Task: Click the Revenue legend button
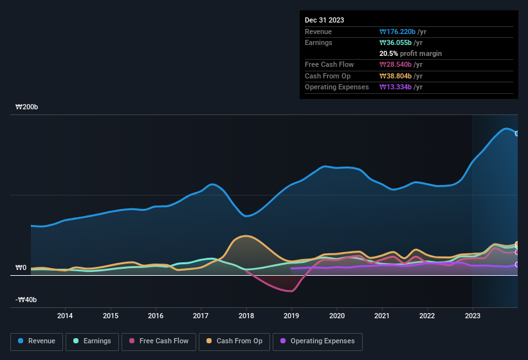coord(37,341)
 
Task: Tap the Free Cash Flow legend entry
coord(159,341)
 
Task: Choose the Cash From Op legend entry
coord(233,341)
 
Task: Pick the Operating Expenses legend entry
coord(318,341)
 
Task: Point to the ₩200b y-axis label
coord(27,107)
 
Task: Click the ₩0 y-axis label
coord(21,267)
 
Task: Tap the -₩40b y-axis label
coord(26,300)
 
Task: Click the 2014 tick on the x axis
coord(64,316)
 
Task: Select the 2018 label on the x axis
coord(246,316)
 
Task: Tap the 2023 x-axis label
coord(472,316)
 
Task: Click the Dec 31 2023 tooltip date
coord(324,20)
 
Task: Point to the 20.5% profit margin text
coord(410,53)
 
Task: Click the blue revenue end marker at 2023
coord(516,133)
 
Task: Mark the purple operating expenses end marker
coord(516,264)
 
